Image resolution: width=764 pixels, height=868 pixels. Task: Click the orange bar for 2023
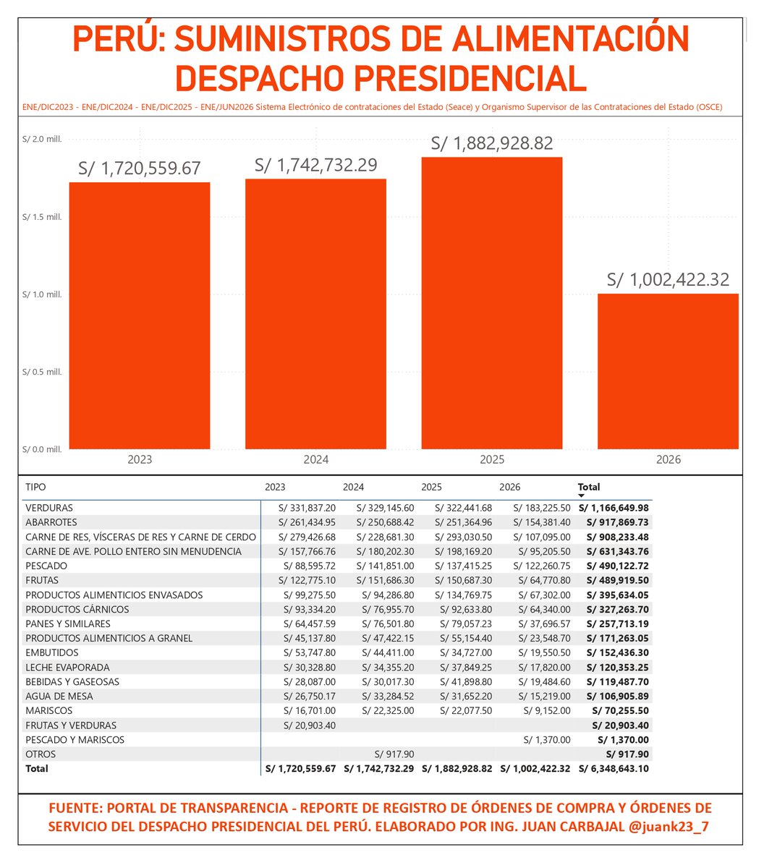point(139,316)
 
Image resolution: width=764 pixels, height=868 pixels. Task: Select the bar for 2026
point(668,372)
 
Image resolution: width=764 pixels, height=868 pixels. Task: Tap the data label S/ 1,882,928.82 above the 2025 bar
point(492,143)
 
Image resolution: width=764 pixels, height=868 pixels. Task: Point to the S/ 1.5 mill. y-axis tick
point(42,217)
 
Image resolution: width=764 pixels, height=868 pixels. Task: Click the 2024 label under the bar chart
point(315,460)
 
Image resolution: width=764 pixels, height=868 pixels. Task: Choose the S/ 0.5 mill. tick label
point(42,372)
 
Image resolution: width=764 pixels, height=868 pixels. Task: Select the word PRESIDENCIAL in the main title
point(470,79)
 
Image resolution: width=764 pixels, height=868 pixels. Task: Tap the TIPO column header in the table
point(35,487)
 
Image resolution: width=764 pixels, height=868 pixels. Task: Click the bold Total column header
point(588,487)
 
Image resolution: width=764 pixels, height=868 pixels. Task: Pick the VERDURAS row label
point(49,508)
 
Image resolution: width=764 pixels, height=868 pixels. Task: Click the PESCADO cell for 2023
point(310,566)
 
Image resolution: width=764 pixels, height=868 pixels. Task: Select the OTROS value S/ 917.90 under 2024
point(394,754)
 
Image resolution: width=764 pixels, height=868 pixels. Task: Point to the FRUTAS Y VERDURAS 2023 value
point(310,726)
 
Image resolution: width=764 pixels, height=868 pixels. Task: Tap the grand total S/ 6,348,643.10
point(614,769)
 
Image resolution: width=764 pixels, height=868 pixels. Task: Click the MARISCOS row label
point(49,710)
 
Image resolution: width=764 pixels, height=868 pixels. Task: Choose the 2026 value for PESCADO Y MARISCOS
point(547,739)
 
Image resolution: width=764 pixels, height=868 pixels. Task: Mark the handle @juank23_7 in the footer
point(669,827)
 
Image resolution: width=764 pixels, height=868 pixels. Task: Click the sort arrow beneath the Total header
point(581,495)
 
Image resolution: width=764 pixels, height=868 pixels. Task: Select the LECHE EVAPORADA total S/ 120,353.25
point(617,667)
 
